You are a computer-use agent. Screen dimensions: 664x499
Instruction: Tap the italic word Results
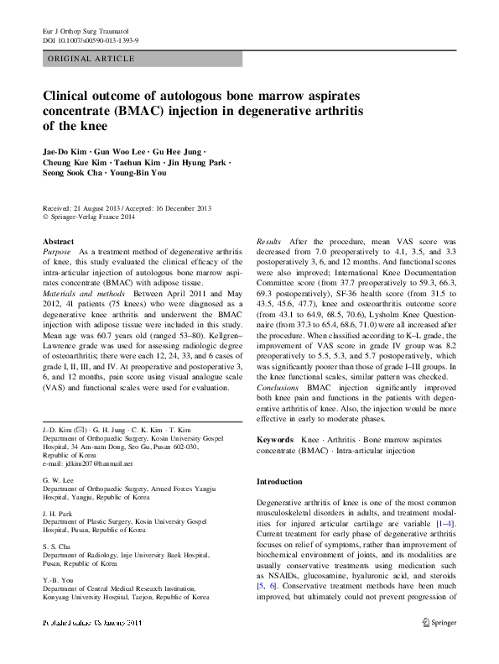click(x=270, y=241)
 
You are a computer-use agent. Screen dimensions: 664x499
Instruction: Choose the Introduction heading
click(x=280, y=482)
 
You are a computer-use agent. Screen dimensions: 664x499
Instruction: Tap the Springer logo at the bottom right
click(x=438, y=646)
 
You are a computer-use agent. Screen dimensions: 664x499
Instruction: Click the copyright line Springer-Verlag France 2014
click(x=91, y=215)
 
